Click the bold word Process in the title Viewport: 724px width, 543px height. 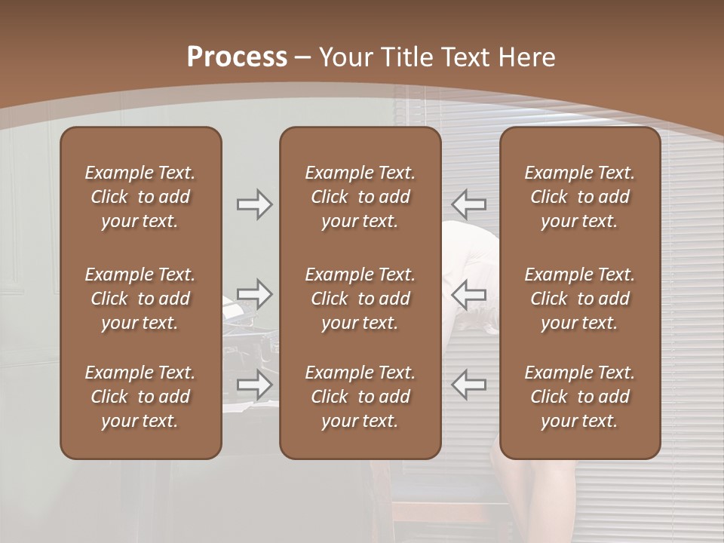click(x=237, y=57)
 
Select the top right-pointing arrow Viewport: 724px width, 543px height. click(x=254, y=204)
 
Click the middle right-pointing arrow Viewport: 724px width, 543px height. click(x=254, y=294)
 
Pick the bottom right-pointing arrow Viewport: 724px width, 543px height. click(x=254, y=385)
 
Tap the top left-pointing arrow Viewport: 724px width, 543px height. click(x=469, y=204)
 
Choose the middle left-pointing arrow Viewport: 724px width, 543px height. click(x=469, y=294)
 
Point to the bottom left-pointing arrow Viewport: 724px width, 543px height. click(x=469, y=385)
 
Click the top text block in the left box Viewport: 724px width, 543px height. click(x=140, y=197)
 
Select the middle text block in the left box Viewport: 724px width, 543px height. click(x=140, y=299)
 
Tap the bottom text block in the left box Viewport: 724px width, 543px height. click(x=140, y=397)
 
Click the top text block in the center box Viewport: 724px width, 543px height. click(x=360, y=197)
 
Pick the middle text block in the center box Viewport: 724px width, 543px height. click(x=360, y=299)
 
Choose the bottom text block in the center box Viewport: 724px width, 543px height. click(x=360, y=397)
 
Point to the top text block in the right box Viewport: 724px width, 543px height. click(x=580, y=197)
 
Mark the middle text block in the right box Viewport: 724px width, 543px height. click(x=580, y=299)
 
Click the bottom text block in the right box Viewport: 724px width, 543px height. click(x=580, y=397)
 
